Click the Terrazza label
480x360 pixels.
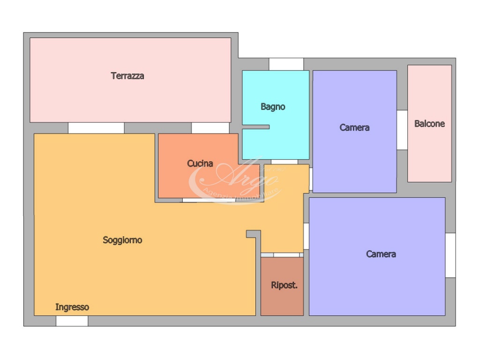pos(127,76)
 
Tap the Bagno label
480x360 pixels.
pos(273,107)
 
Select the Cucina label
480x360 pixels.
pos(200,164)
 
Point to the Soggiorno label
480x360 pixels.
pos(122,240)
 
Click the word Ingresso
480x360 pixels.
pos(72,307)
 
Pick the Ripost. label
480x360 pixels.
pos(284,285)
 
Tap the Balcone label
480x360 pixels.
pos(429,124)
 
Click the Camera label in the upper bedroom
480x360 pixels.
pos(354,127)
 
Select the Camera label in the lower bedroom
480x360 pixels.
pos(381,254)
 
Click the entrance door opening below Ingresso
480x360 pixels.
pos(72,321)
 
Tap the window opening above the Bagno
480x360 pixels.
pos(286,64)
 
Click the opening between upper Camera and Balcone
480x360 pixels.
pos(402,130)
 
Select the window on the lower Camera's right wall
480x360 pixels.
pos(450,255)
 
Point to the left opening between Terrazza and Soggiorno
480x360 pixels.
pos(96,128)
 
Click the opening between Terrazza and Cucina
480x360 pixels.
pos(210,128)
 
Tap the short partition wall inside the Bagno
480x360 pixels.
pos(256,127)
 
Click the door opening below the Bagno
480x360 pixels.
pos(285,162)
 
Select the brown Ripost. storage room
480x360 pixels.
pos(282,286)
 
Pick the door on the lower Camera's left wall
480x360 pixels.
pos(306,236)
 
